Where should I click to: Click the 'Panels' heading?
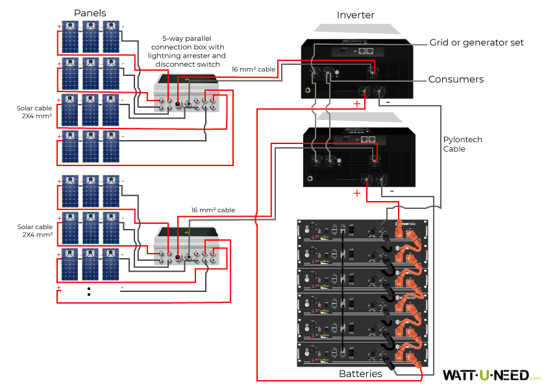90,13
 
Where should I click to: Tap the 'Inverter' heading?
355,14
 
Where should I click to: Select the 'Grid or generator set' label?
476,43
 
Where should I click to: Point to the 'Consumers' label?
456,79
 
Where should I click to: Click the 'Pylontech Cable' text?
462,144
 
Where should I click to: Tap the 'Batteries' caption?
360,374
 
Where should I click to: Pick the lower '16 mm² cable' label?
213,210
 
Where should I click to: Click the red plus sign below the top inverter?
356,104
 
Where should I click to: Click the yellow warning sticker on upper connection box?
187,79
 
